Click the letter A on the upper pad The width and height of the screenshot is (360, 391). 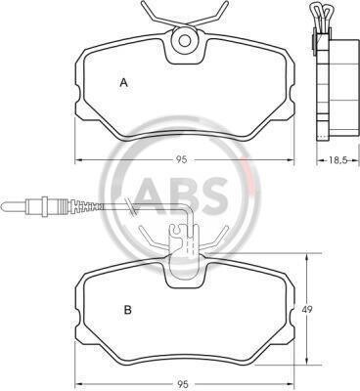coord(123,83)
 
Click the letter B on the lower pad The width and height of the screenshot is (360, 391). coord(128,310)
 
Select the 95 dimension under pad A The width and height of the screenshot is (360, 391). coord(182,159)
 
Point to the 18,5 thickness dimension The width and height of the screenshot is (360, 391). coord(337,159)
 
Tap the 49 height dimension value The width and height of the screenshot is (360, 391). coord(304,310)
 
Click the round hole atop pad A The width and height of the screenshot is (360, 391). coord(185,41)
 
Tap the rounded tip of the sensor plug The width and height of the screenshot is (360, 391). coord(3,206)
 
